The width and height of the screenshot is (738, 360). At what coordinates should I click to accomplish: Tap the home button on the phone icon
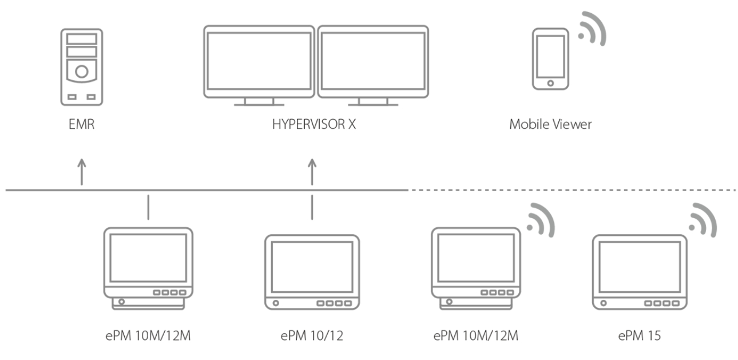point(550,83)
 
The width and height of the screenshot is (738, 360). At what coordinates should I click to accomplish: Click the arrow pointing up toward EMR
point(81,171)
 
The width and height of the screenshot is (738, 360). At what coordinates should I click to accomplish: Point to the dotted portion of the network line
point(572,189)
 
